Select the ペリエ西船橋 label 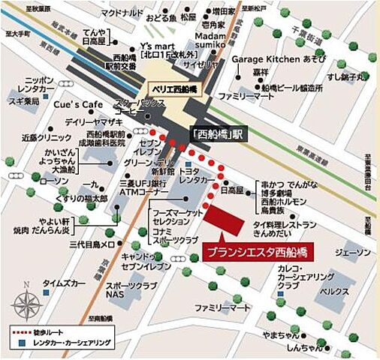click(170, 87)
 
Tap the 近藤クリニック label click(40, 138)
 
